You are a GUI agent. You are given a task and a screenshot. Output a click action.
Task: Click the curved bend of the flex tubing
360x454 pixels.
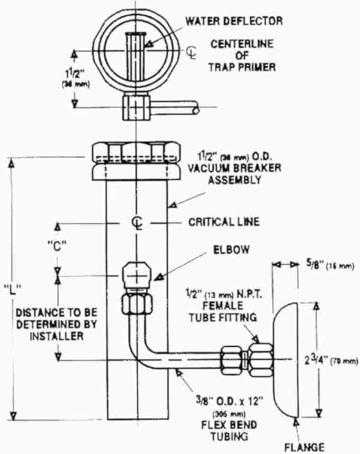158,346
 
